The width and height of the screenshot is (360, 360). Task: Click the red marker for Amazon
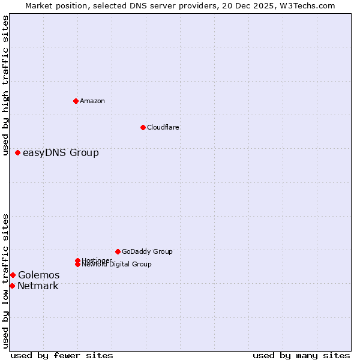(76, 101)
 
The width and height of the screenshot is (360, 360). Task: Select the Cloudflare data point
(143, 127)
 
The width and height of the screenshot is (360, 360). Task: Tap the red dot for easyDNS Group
(17, 153)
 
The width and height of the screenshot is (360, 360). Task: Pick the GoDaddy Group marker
(118, 251)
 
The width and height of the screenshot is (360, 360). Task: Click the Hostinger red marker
(77, 260)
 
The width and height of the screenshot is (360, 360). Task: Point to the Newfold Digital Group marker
(77, 264)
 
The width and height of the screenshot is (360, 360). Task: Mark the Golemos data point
(13, 275)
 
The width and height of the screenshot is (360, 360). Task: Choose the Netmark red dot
(12, 286)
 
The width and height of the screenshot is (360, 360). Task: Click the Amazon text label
(92, 101)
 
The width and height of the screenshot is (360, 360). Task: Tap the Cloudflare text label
(163, 127)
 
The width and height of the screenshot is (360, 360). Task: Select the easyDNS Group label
(61, 153)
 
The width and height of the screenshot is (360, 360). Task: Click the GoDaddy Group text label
(147, 251)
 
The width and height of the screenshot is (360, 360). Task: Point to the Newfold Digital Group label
(116, 264)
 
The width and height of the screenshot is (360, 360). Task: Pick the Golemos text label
(38, 275)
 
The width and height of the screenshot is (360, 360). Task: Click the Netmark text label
(38, 286)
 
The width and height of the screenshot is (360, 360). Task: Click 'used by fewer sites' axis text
(62, 355)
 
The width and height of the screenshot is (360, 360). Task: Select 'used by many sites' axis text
(301, 355)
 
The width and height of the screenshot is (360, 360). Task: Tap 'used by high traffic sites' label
(5, 85)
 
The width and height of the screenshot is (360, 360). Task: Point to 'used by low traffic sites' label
(5, 281)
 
